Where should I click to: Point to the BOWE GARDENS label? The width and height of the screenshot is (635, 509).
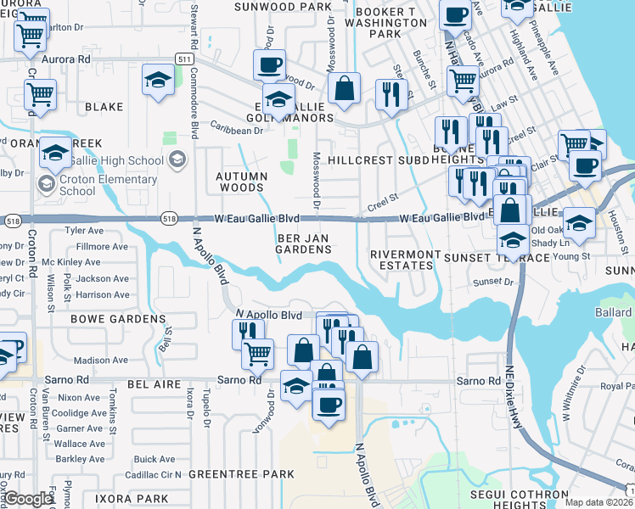117,319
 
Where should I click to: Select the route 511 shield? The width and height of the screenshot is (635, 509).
184,58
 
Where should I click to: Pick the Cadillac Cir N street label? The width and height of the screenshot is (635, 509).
154,474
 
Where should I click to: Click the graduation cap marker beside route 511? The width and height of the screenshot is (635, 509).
157,81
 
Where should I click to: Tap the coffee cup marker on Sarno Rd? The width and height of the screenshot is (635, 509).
329,403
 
